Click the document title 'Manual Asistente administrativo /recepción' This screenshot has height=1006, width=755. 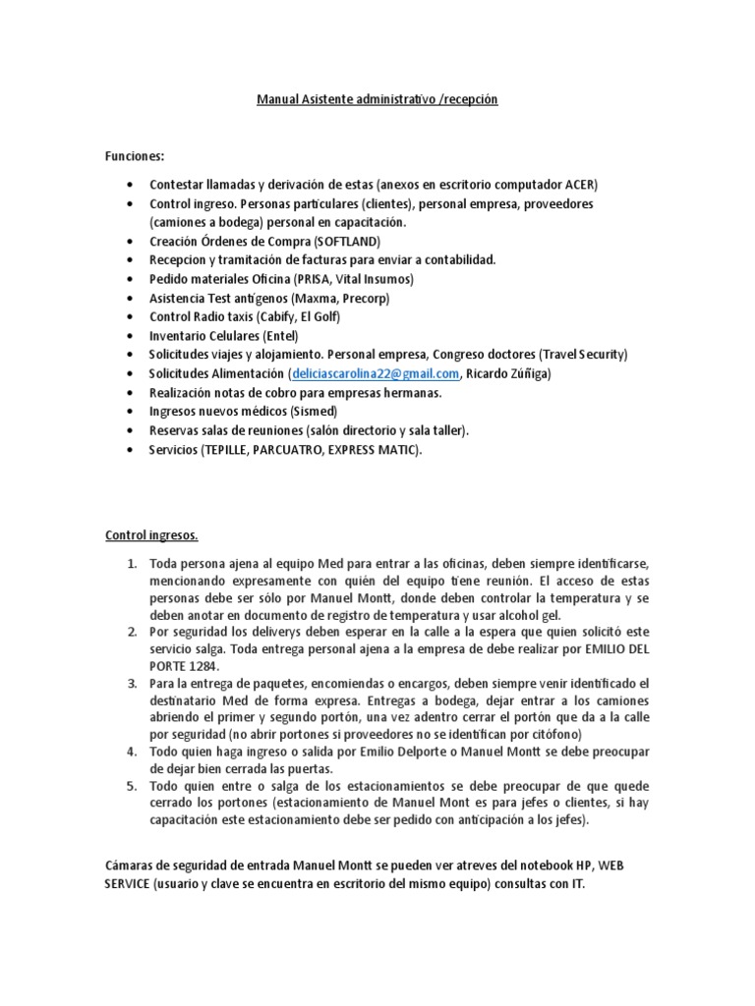[x=377, y=99]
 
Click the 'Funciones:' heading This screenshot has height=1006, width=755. [x=136, y=156]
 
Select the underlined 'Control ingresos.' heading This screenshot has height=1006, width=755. [x=151, y=535]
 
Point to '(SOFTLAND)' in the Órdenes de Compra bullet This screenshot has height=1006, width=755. [x=346, y=241]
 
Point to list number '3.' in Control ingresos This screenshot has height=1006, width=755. [x=132, y=683]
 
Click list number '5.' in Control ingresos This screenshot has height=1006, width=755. [x=132, y=787]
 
